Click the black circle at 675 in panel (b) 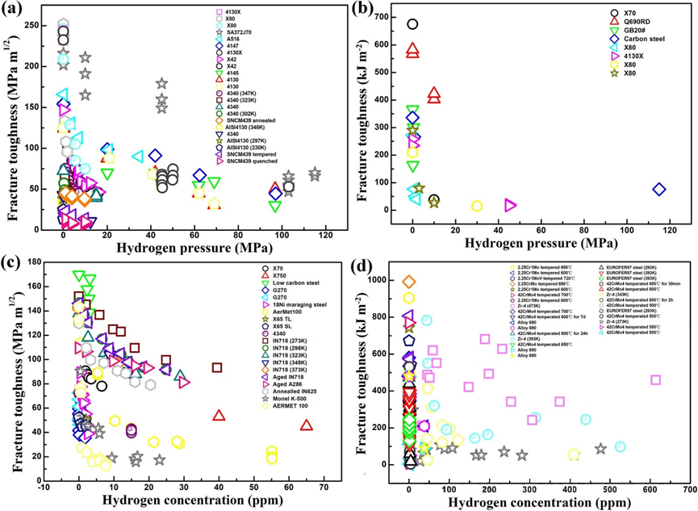[x=412, y=24]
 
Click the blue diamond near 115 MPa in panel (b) [x=659, y=190]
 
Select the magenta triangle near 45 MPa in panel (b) [x=510, y=205]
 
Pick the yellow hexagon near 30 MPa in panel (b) [x=477, y=206]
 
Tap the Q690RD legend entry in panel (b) [x=621, y=25]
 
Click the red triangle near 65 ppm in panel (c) [x=306, y=425]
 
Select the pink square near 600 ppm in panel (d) [x=655, y=379]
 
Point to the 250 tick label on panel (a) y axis [x=36, y=25]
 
